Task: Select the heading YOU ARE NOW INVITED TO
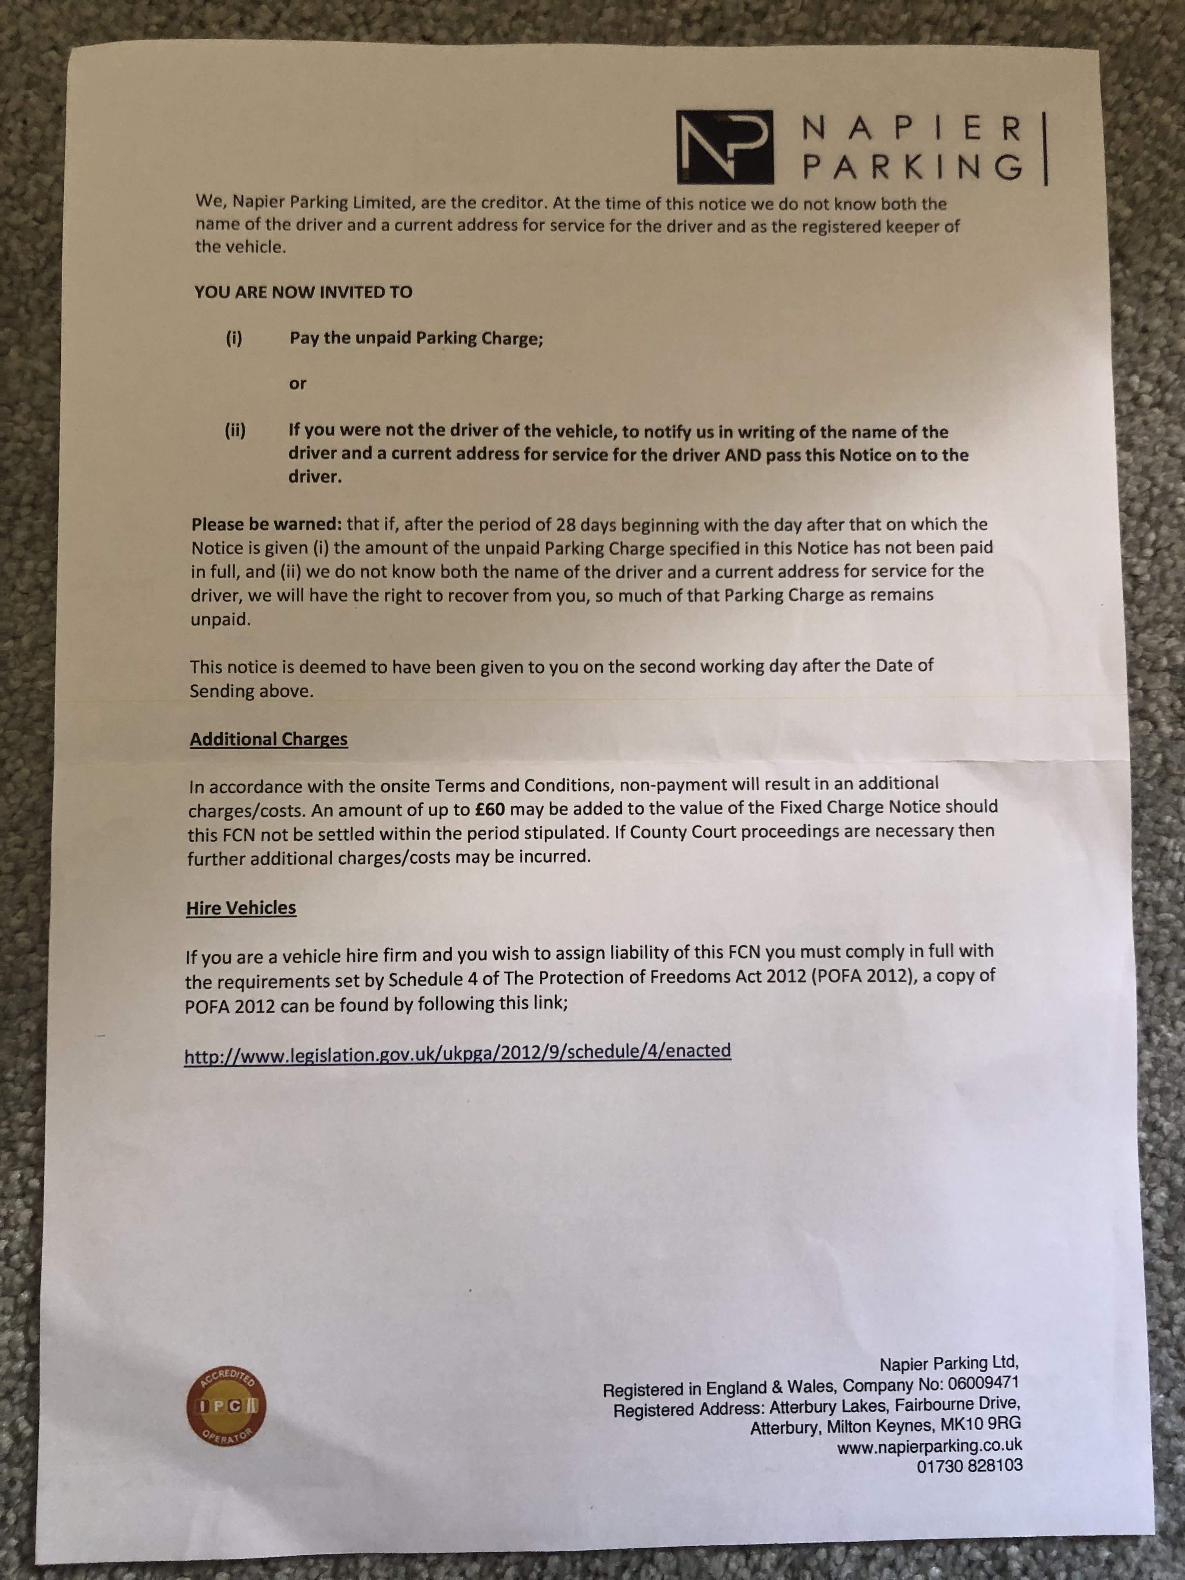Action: pyautogui.click(x=303, y=292)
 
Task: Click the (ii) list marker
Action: pyautogui.click(x=235, y=431)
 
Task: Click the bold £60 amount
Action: pyautogui.click(x=489, y=809)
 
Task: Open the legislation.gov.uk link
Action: pyautogui.click(x=457, y=1053)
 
